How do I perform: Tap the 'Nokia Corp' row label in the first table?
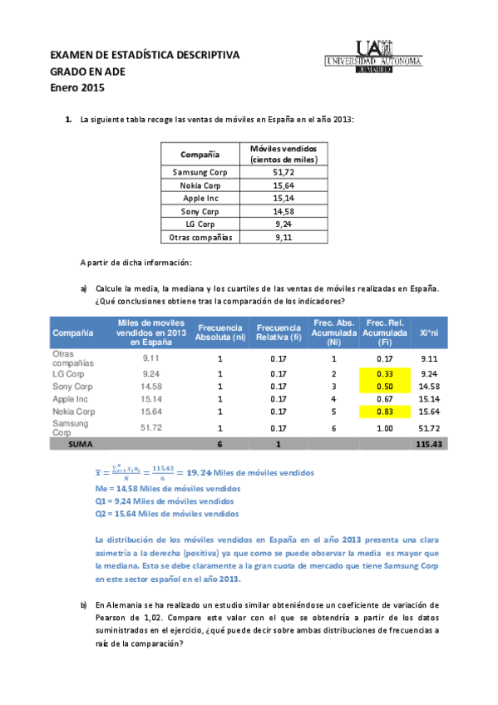pyautogui.click(x=200, y=185)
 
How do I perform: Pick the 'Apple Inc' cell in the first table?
pyautogui.click(x=200, y=198)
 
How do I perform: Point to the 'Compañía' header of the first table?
pyautogui.click(x=200, y=154)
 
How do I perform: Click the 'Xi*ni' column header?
pyautogui.click(x=429, y=333)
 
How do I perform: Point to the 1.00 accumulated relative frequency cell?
pyautogui.click(x=384, y=427)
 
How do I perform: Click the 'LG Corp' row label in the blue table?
pyautogui.click(x=68, y=374)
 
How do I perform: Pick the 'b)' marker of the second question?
pyautogui.click(x=84, y=604)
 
